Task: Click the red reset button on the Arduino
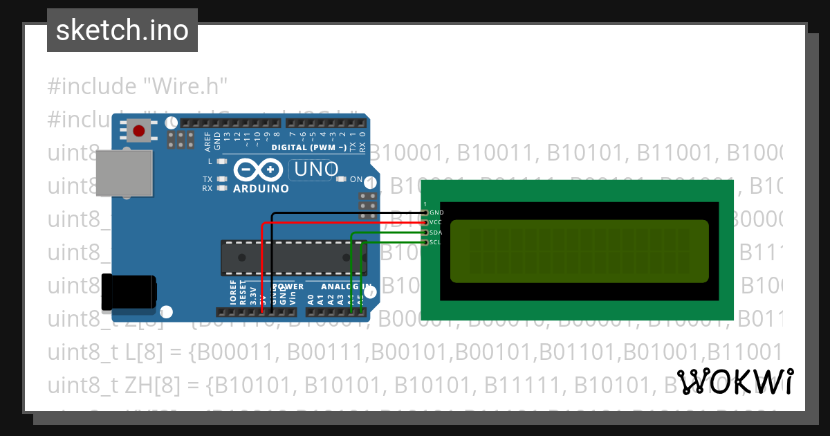[x=139, y=130]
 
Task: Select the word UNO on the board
[x=317, y=169]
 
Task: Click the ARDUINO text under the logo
[x=261, y=188]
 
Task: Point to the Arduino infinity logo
[x=259, y=170]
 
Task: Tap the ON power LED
[x=341, y=179]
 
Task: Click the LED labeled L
[x=222, y=161]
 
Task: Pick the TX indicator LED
[x=222, y=179]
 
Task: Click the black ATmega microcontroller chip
[x=290, y=256]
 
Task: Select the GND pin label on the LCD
[x=436, y=212]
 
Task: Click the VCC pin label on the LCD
[x=436, y=222]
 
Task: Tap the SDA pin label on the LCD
[x=436, y=233]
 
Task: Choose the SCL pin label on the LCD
[x=436, y=242]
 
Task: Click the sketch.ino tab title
[x=122, y=30]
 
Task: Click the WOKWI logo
[x=735, y=382]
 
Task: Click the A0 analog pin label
[x=311, y=300]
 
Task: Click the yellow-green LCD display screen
[x=580, y=251]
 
